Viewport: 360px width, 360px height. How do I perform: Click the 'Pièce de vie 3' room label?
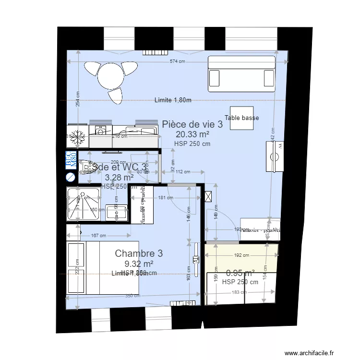click(x=192, y=124)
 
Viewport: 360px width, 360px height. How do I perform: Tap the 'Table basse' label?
click(x=242, y=118)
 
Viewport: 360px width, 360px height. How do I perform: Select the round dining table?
click(x=111, y=75)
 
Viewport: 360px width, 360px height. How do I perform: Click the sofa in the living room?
click(x=241, y=74)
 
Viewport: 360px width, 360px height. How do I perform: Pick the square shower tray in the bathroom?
click(x=83, y=204)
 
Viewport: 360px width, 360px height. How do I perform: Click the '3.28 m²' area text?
click(x=119, y=178)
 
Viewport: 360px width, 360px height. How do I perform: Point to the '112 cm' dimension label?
click(x=182, y=172)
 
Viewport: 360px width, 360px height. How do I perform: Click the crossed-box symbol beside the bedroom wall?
click(x=208, y=196)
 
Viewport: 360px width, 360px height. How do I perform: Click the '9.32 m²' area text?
click(x=139, y=264)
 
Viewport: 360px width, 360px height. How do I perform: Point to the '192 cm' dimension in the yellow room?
click(x=241, y=255)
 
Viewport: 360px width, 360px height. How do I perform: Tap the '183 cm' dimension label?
click(x=239, y=292)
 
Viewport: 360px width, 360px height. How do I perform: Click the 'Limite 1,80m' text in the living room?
click(x=173, y=100)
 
